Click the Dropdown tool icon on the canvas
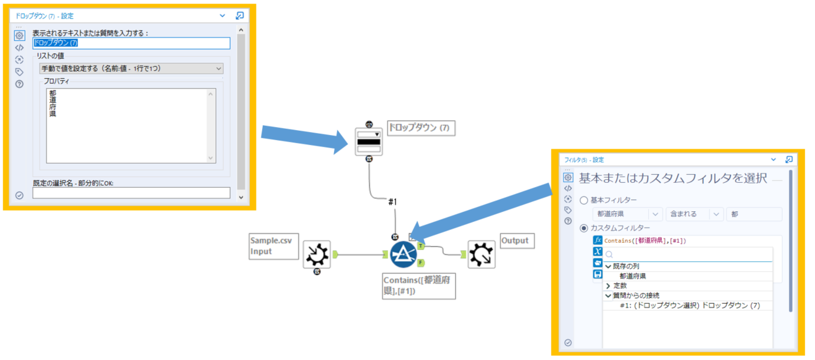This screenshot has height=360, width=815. coord(368,142)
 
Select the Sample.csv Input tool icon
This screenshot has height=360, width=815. coord(317,254)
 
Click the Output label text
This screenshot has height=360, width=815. coord(514,240)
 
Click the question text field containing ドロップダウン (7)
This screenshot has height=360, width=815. coord(131,43)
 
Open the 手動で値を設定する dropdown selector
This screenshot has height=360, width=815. coord(131,68)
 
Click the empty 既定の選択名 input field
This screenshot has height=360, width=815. coord(131,193)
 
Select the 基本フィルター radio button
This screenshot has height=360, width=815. coord(583,200)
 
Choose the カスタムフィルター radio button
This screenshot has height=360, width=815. coord(583,228)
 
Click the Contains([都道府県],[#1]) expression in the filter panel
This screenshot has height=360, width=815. coord(645,240)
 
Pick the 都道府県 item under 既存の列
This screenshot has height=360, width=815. coord(633,276)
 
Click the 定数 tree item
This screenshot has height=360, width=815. coord(620,286)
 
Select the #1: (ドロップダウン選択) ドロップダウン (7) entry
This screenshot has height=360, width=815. coord(689,305)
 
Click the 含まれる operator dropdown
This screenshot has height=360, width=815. coord(694,214)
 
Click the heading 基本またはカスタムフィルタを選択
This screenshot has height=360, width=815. coord(673,178)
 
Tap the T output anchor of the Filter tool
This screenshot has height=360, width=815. coord(421,246)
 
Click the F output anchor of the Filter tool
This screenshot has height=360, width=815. coord(421,263)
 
